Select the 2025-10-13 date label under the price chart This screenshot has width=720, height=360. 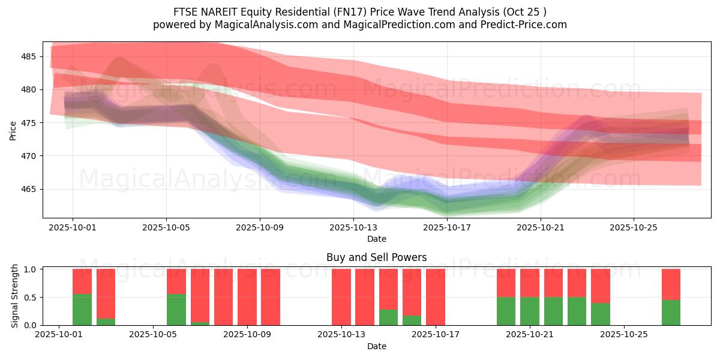[x=353, y=227]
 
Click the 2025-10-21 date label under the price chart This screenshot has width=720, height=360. [x=541, y=227]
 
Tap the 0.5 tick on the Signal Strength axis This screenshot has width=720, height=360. [x=31, y=297]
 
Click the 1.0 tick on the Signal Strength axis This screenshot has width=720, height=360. [x=31, y=269]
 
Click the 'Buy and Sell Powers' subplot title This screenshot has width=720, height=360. [x=376, y=257]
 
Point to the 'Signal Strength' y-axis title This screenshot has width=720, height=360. [x=15, y=296]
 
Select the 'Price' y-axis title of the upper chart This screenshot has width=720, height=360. [x=13, y=130]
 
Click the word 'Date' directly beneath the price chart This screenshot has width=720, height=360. [x=376, y=239]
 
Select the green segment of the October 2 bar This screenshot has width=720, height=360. [x=82, y=310]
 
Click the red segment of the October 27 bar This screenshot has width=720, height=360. [x=671, y=284]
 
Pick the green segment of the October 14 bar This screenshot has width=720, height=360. [x=388, y=317]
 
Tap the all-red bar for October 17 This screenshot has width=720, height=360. [x=436, y=297]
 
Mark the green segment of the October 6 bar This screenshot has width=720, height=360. [x=176, y=310]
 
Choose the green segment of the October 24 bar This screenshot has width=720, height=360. [x=601, y=314]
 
